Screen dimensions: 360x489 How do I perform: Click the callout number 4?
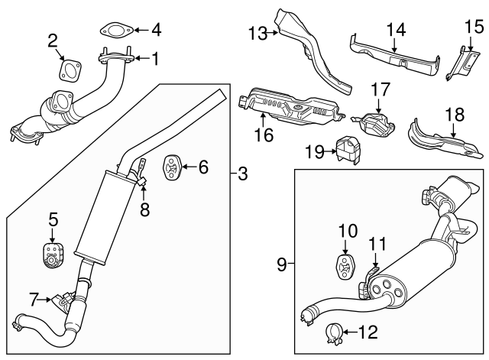click(156, 31)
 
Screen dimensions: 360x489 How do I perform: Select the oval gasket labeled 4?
click(114, 31)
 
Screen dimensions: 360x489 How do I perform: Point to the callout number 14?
click(395, 31)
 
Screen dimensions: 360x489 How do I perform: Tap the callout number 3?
click(243, 174)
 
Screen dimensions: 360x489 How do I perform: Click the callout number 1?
click(156, 58)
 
